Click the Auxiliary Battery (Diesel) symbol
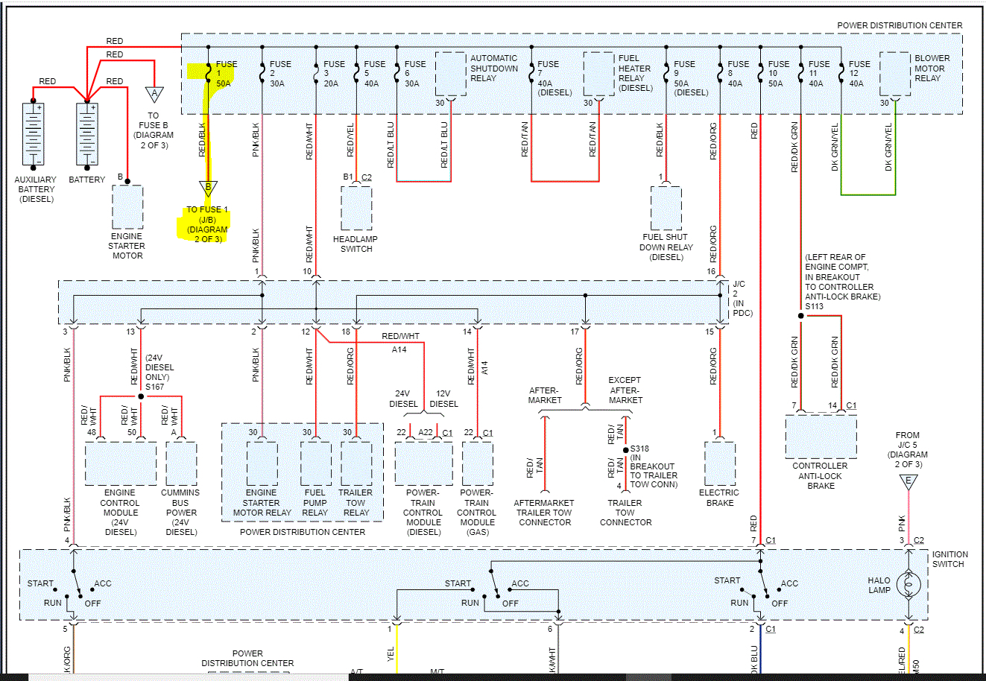(34, 134)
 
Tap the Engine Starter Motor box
(127, 206)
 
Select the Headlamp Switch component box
(356, 208)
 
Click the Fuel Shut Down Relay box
(666, 208)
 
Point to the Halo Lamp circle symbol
(908, 586)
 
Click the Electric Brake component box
(720, 463)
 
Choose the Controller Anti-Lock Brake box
(821, 437)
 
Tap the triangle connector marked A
(154, 94)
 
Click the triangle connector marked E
(908, 481)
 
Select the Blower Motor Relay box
(895, 73)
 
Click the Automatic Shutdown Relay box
(451, 73)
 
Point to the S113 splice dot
(801, 316)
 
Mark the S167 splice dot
(141, 396)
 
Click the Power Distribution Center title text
(900, 25)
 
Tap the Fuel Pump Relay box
(316, 463)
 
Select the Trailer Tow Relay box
(356, 463)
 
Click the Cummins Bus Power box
(181, 463)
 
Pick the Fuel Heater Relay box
(599, 73)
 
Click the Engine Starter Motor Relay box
(262, 463)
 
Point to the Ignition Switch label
(949, 559)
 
